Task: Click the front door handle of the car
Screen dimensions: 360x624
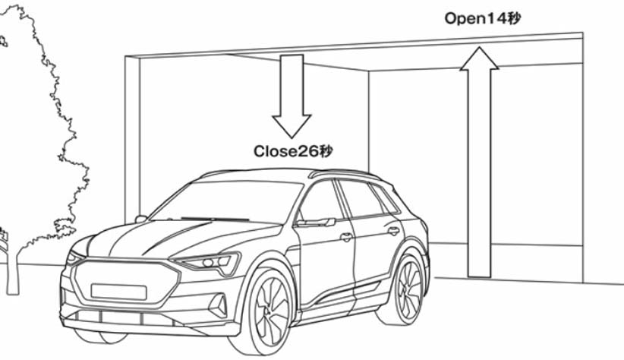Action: (x=346, y=237)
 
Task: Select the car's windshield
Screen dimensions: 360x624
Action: (x=228, y=201)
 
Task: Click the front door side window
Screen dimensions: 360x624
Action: (x=323, y=201)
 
